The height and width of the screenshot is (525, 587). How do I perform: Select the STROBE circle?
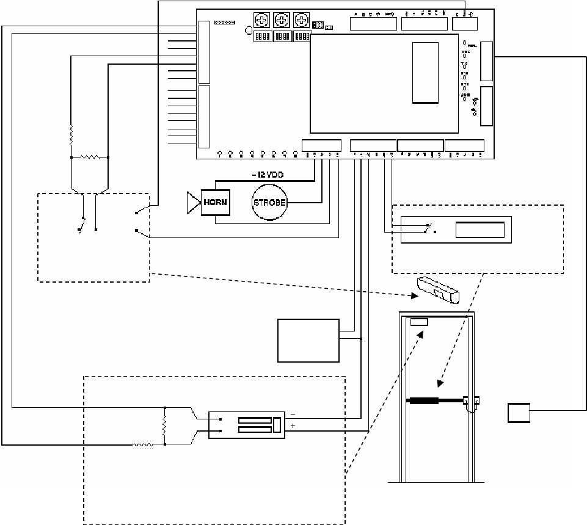click(x=269, y=203)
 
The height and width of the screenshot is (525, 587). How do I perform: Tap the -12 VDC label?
click(x=267, y=175)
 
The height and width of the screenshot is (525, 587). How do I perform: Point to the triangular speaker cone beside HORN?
click(x=194, y=202)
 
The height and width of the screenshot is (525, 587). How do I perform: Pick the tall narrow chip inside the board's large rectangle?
click(x=425, y=73)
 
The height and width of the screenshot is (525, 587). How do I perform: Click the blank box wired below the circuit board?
click(x=308, y=340)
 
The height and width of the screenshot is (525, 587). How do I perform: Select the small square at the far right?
click(x=519, y=413)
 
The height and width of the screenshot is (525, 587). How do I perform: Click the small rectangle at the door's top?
click(x=419, y=322)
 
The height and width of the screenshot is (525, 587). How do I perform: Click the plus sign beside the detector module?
click(x=293, y=426)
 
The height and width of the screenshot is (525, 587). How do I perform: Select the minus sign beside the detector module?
click(x=293, y=413)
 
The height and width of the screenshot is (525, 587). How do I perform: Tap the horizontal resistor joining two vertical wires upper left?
click(x=90, y=157)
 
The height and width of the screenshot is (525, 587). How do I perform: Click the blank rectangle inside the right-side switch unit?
click(x=480, y=230)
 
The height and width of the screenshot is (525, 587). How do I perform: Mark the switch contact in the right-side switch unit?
click(x=430, y=228)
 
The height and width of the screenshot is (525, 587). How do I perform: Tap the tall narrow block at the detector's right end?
click(x=276, y=424)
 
